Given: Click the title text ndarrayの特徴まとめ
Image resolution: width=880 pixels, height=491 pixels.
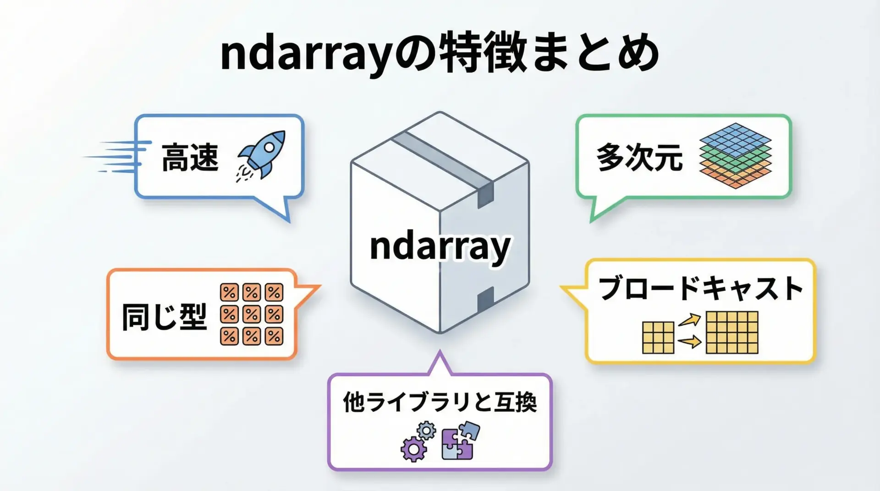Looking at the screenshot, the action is [x=440, y=54].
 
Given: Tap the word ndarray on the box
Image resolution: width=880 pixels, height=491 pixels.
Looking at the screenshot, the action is [x=440, y=247].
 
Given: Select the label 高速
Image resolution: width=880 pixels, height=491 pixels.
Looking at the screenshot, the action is [x=190, y=157].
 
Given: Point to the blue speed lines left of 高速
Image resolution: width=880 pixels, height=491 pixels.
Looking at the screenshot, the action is [x=116, y=157].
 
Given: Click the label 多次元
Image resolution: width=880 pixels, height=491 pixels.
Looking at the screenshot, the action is [x=639, y=157].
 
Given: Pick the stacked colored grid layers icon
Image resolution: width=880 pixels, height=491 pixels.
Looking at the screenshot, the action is [x=736, y=156].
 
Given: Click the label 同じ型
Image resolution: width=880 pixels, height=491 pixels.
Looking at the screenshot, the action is [x=165, y=316].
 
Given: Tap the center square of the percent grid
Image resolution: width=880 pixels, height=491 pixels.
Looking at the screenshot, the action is [x=252, y=314].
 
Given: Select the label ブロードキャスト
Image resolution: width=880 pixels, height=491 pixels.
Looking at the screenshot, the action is [x=701, y=289].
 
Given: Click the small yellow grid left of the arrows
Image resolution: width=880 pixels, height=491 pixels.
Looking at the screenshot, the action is [x=658, y=338].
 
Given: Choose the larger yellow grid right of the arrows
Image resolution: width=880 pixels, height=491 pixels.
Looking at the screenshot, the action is [x=732, y=333].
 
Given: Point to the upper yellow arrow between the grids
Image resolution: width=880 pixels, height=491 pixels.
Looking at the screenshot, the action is [x=690, y=320].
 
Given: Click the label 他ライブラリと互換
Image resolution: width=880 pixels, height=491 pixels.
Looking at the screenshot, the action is [x=440, y=402].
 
